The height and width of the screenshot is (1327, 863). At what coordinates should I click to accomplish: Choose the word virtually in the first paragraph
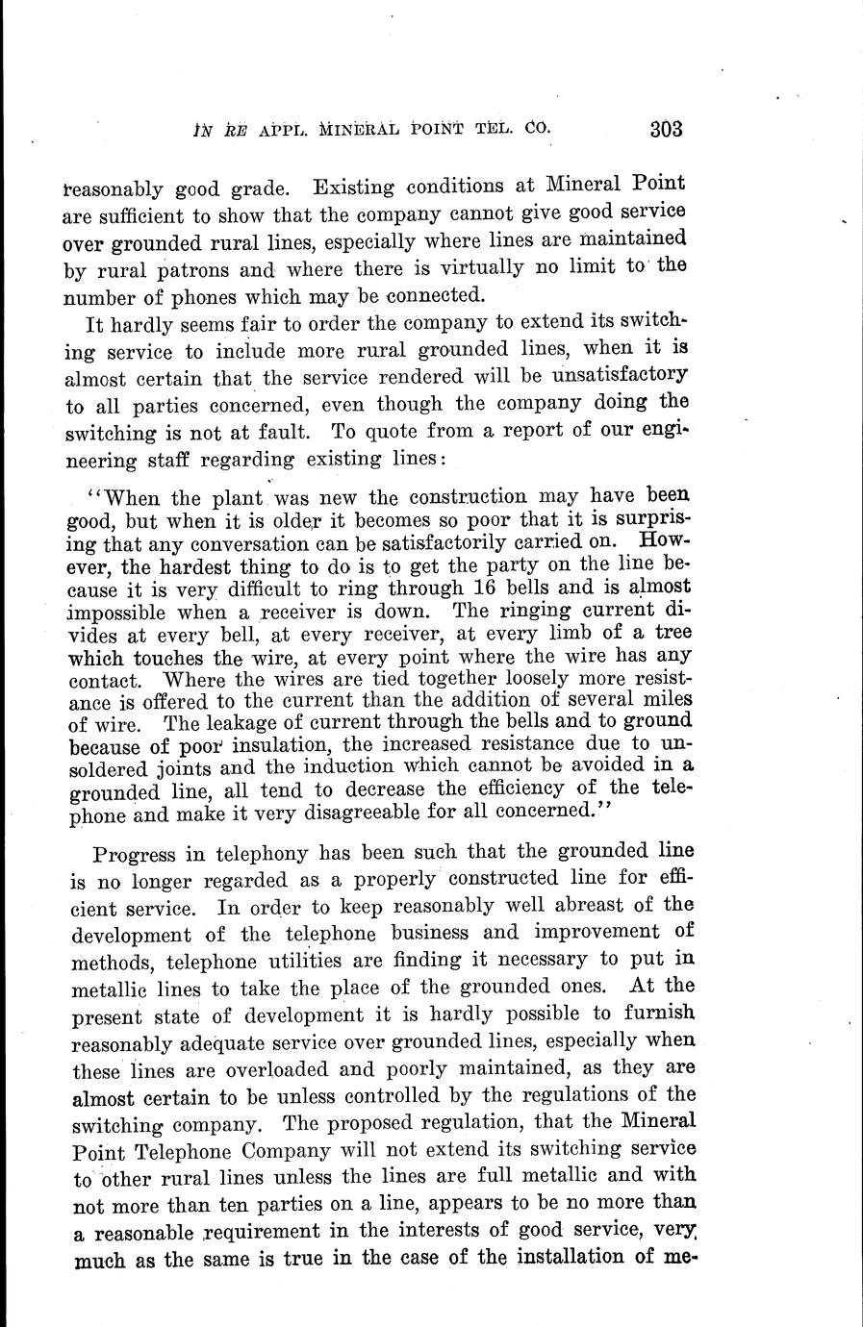click(478, 266)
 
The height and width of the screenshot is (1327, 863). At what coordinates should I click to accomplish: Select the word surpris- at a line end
click(646, 520)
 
